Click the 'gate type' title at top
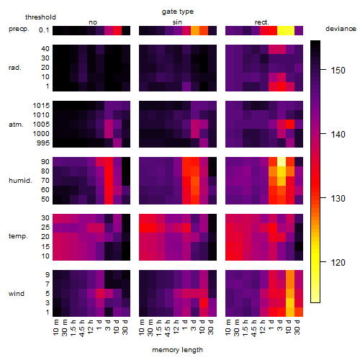pyautogui.click(x=178, y=12)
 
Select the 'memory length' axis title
pyautogui.click(x=177, y=350)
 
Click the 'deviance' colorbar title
pyautogui.click(x=341, y=29)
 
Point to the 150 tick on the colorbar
pyautogui.click(x=323, y=70)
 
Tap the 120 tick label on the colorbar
pyautogui.click(x=338, y=263)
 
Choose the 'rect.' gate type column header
pyautogui.click(x=261, y=22)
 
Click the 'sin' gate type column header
pyautogui.click(x=177, y=22)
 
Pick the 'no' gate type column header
pyautogui.click(x=93, y=22)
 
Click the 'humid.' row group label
pyautogui.click(x=20, y=181)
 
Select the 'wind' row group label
pyautogui.click(x=17, y=294)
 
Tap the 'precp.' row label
pyautogui.click(x=19, y=29)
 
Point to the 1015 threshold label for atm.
pyautogui.click(x=41, y=105)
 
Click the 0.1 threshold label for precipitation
pyautogui.click(x=44, y=30)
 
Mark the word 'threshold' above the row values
pyautogui.click(x=40, y=17)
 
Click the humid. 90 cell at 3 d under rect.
pyautogui.click(x=282, y=162)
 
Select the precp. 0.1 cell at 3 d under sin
pyautogui.click(x=195, y=30)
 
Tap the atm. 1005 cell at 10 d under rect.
pyautogui.click(x=290, y=125)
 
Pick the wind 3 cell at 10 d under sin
pyautogui.click(x=204, y=303)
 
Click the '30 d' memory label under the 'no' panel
pyautogui.click(x=125, y=327)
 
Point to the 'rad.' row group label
pyautogui.click(x=15, y=68)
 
